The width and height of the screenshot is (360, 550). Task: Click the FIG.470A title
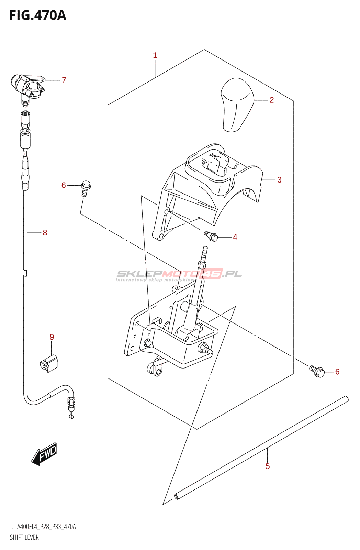coord(38,15)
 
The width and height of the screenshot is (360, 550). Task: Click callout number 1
coord(155,55)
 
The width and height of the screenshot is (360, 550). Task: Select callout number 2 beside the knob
coord(272,100)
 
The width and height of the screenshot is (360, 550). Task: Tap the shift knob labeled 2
coord(237,105)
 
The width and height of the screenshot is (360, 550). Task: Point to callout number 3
coord(279,180)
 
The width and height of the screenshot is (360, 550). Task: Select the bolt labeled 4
coord(211,236)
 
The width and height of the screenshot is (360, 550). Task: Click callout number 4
coord(235,237)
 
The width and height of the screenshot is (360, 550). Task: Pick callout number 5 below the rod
coord(268,466)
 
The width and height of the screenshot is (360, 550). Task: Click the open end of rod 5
coord(177,496)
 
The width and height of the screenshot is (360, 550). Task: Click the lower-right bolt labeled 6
coord(317,371)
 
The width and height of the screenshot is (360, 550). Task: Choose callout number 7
coord(64,80)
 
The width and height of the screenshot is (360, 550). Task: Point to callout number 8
coord(45,233)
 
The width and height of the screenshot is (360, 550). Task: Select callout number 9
coord(52,337)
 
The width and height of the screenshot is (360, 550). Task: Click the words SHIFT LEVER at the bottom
coord(24,537)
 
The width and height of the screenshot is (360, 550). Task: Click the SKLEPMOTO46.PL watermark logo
coord(179,274)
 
